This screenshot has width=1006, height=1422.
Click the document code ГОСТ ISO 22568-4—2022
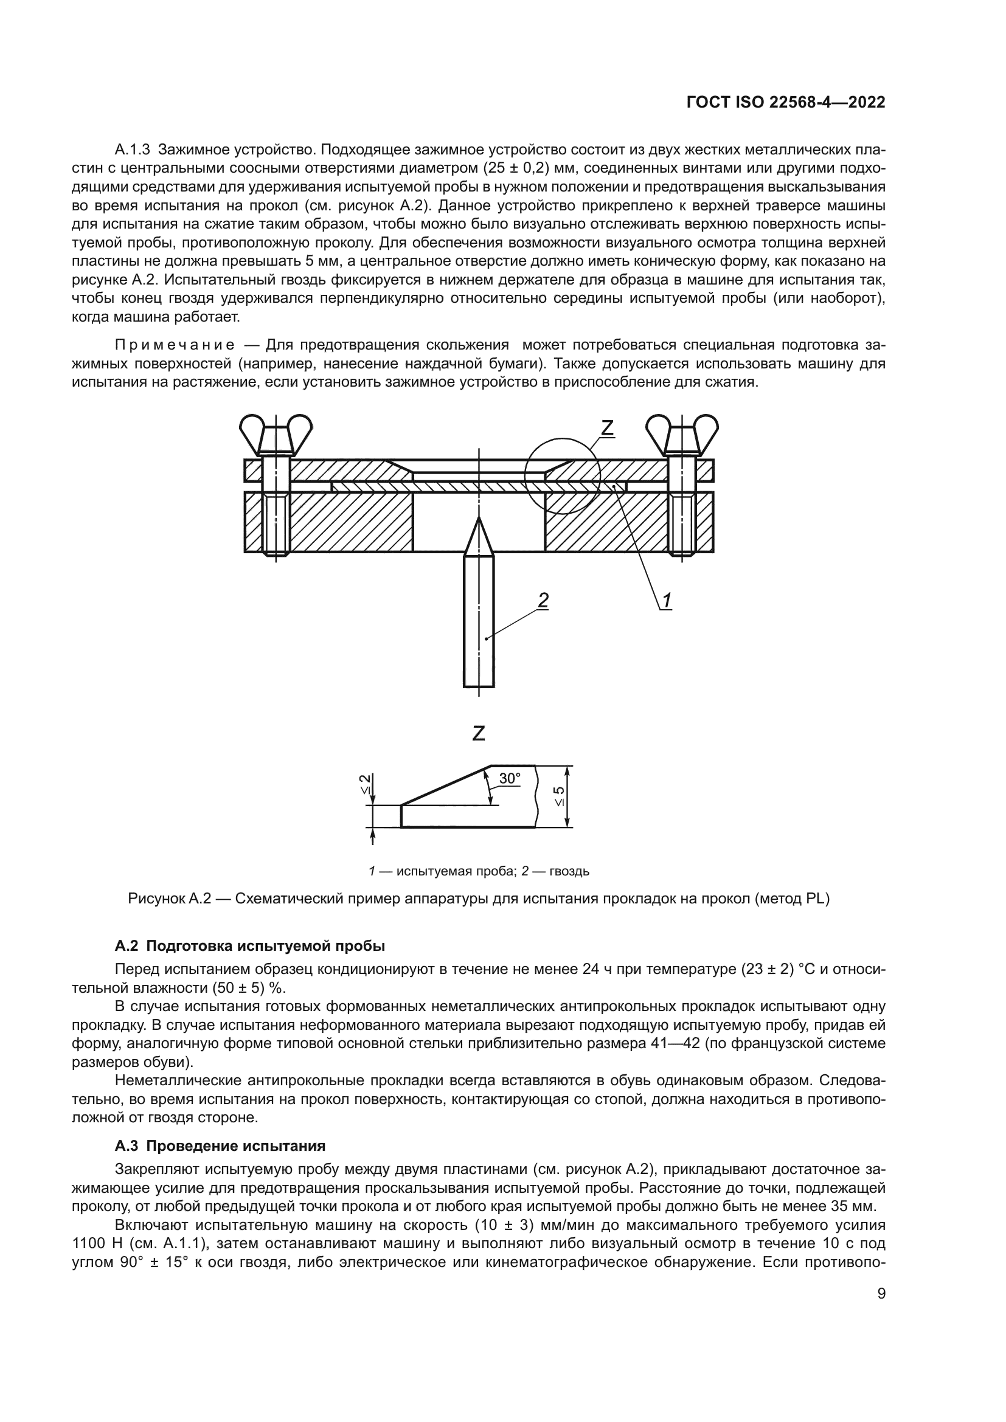pos(785,103)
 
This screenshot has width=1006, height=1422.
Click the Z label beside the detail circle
pos(606,427)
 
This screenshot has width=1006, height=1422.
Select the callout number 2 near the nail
pos(543,599)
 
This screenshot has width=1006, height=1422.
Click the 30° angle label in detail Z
pos(509,779)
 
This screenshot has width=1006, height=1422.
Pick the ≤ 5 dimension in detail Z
pos(559,796)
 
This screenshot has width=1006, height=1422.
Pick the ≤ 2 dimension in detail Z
pos(366,784)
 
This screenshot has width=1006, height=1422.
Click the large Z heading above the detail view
pos(478,733)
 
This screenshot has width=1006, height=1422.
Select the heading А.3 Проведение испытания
pos(220,1147)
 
